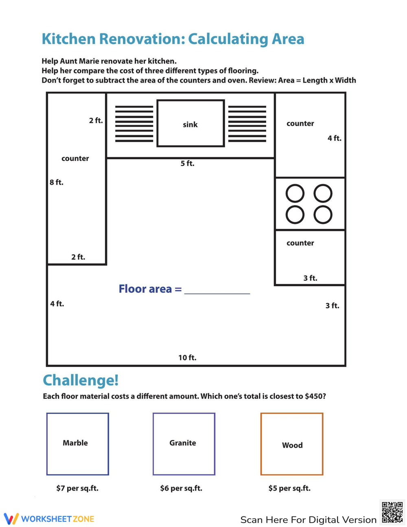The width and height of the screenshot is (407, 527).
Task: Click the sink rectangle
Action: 190,123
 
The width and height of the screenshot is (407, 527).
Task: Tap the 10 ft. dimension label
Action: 187,358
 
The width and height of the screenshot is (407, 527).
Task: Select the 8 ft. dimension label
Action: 57,182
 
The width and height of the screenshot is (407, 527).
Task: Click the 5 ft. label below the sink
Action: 187,163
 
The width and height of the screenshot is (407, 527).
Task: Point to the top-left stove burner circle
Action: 295,193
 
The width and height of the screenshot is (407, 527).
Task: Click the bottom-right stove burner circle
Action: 323,215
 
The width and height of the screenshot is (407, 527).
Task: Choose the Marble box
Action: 77,444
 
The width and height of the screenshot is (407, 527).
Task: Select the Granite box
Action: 184,444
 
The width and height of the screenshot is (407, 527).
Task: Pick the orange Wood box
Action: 291,444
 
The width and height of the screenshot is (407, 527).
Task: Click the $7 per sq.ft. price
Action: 77,488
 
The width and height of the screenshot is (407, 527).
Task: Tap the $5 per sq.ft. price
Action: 289,488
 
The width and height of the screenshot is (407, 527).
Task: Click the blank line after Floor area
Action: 217,290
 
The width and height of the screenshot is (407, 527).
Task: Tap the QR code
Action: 392,512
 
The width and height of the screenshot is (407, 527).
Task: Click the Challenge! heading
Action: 81,380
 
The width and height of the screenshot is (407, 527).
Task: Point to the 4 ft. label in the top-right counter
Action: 334,138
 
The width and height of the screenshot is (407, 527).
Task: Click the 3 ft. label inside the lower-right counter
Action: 310,278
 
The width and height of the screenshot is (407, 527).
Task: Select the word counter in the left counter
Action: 75,158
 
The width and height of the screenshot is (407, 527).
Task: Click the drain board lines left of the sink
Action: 134,124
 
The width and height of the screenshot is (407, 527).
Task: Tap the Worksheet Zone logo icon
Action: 11,519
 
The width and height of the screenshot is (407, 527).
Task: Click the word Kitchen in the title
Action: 69,39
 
